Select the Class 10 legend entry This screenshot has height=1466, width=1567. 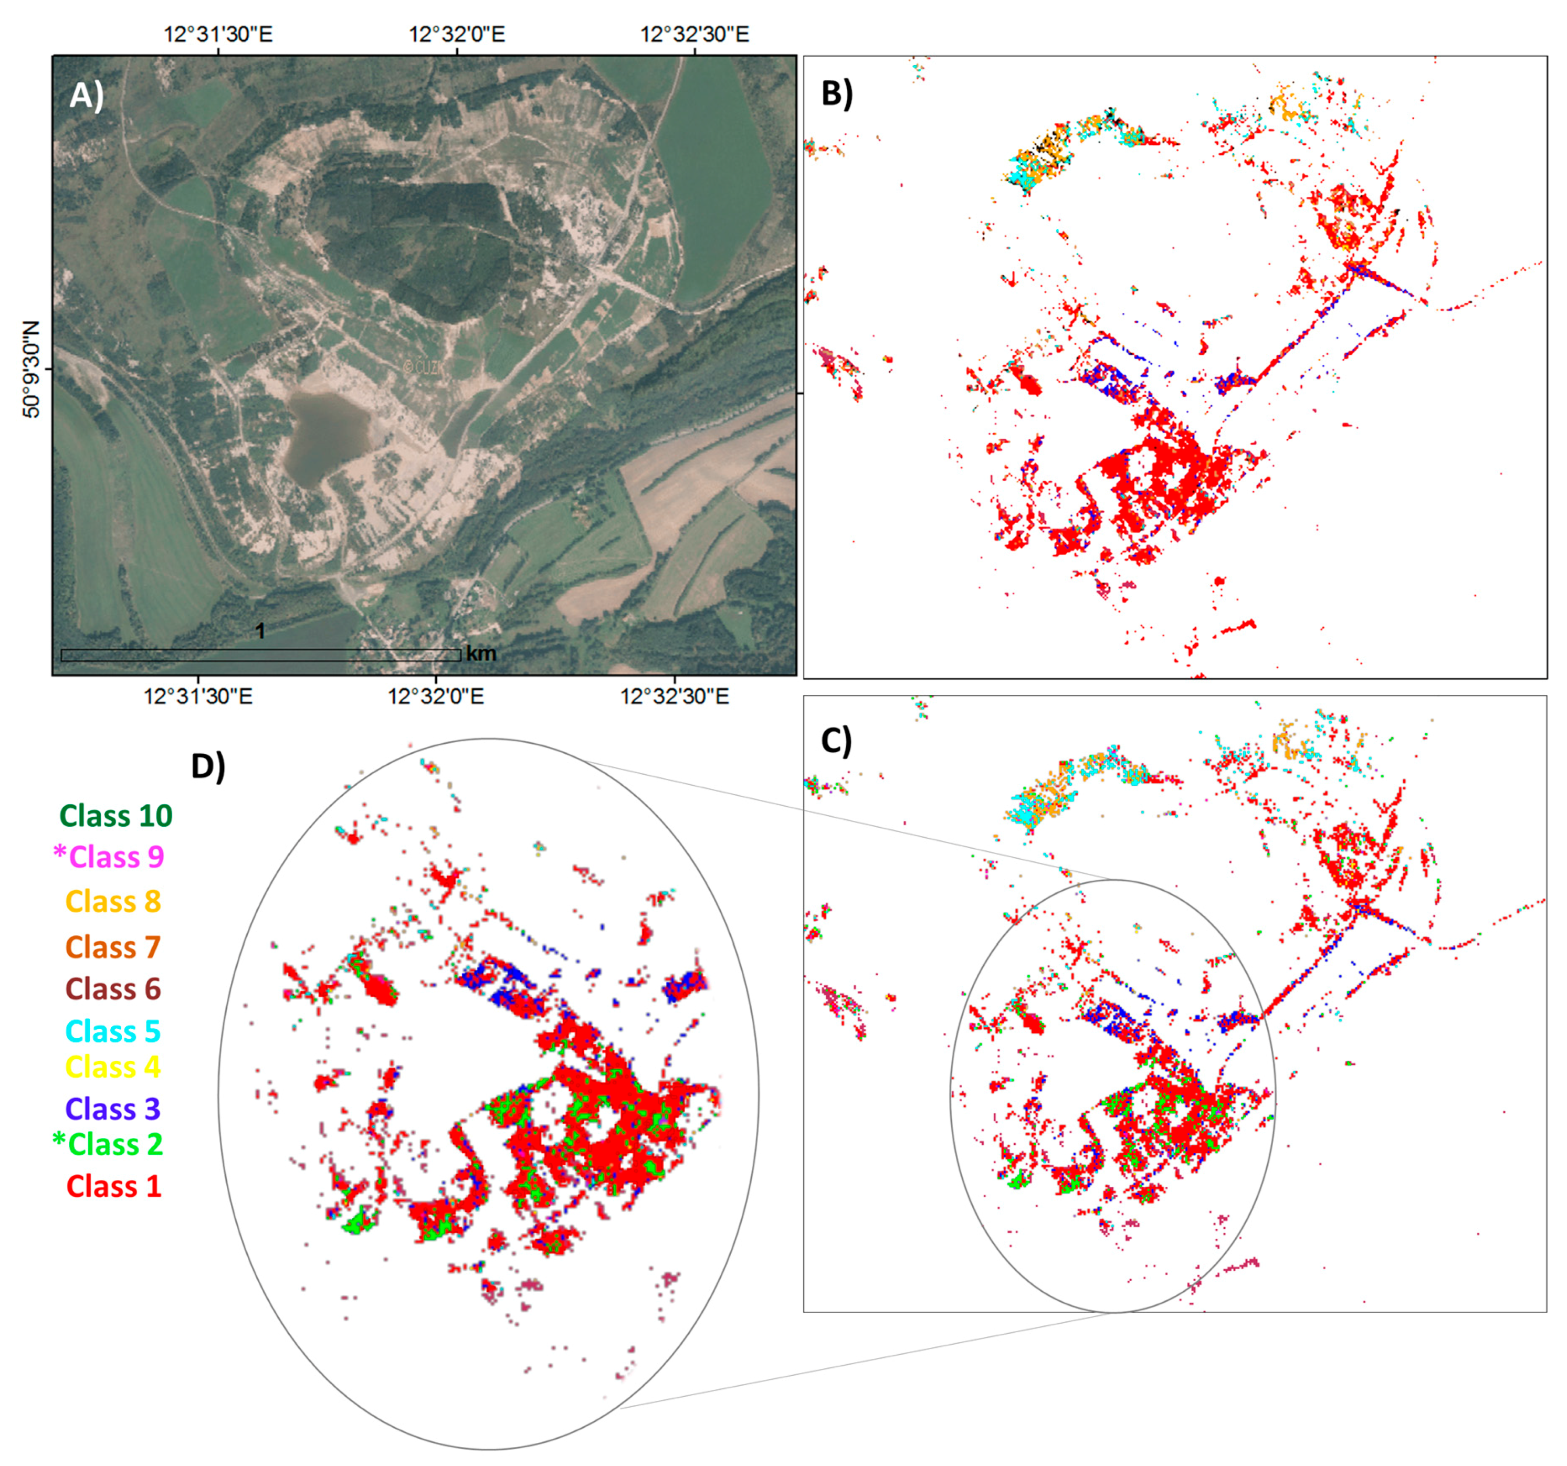[116, 816]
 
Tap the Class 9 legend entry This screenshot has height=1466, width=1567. [109, 857]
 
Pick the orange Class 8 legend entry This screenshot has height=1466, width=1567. [113, 901]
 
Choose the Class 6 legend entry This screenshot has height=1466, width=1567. [113, 988]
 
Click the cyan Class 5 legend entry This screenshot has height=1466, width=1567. [113, 1031]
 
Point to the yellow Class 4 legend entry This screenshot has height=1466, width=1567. [113, 1067]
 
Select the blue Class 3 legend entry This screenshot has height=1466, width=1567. [113, 1109]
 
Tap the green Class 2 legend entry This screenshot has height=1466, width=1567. [109, 1144]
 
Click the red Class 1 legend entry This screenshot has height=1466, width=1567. [113, 1186]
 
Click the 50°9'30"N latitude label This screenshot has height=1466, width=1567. [31, 369]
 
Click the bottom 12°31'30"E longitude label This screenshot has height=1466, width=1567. [198, 697]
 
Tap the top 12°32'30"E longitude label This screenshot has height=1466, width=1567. [695, 35]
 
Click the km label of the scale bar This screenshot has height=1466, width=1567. [481, 653]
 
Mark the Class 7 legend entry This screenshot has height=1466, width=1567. [113, 946]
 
